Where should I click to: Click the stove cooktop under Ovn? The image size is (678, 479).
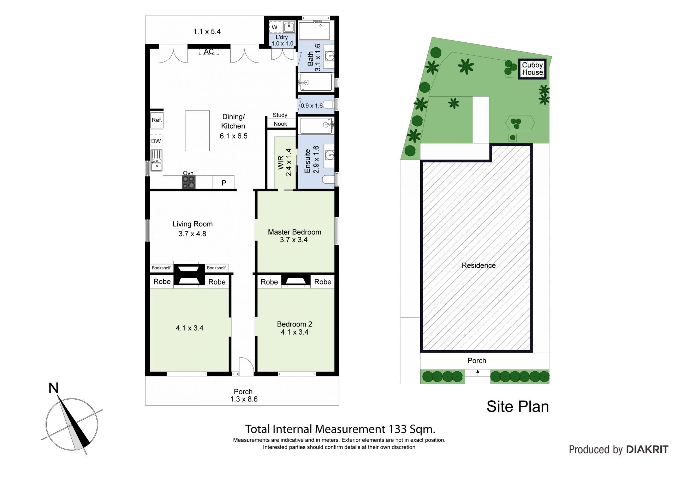[x=188, y=182]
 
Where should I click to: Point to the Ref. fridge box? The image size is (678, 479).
[x=157, y=120]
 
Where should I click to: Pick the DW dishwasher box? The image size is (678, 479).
[x=156, y=141]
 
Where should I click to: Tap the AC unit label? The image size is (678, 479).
[x=209, y=52]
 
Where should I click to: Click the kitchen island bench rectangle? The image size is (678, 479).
[x=197, y=131]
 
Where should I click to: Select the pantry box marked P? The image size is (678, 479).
[x=224, y=182]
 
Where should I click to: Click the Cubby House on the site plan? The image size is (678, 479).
[x=532, y=69]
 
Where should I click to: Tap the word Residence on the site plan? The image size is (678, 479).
[x=478, y=265]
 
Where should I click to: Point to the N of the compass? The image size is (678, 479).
[x=53, y=388]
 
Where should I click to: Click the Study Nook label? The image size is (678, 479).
[x=280, y=119]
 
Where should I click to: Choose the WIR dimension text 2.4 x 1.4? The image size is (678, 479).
[x=289, y=162]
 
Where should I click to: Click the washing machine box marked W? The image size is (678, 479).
[x=274, y=27]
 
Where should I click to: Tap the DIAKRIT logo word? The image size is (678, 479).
[x=647, y=449]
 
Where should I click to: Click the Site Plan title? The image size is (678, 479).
[x=518, y=407]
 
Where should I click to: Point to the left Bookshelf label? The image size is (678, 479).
[x=161, y=268]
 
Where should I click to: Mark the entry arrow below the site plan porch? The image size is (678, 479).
[x=478, y=371]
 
